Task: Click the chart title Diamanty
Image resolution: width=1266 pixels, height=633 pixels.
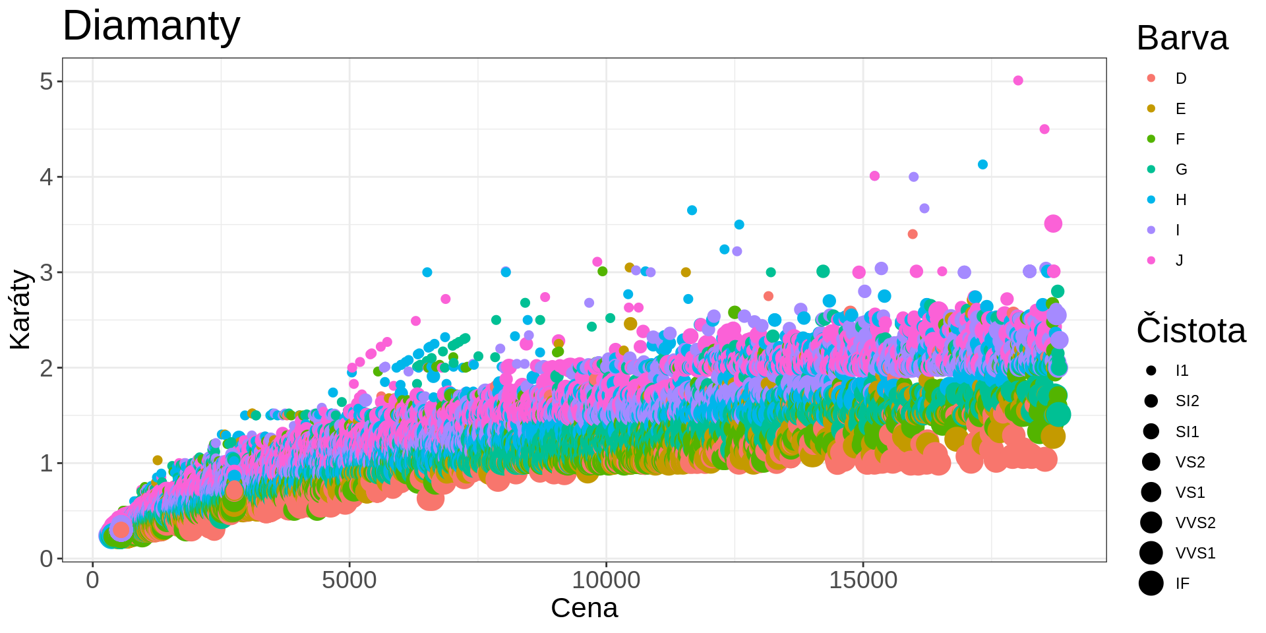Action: tap(151, 26)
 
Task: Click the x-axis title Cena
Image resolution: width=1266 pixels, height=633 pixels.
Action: tap(584, 608)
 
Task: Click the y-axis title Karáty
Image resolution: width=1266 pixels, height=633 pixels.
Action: tap(20, 309)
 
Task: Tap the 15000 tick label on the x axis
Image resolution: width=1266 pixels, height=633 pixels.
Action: tap(862, 580)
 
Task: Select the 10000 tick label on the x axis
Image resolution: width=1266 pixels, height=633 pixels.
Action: tap(605, 580)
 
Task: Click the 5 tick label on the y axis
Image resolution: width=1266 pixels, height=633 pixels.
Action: tap(46, 82)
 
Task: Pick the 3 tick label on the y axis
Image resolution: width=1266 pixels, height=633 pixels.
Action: tap(46, 272)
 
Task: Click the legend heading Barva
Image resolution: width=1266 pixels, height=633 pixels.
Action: tap(1182, 38)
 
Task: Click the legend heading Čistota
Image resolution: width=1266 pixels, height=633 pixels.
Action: tap(1191, 330)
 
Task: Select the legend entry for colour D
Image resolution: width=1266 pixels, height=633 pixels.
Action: tap(1180, 78)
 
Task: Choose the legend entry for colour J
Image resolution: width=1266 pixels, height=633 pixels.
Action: tap(1179, 260)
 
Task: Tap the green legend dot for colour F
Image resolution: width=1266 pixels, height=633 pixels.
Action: tap(1151, 139)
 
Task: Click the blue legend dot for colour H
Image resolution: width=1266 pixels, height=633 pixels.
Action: tap(1151, 200)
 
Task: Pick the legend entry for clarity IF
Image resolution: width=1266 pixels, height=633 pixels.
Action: tap(1182, 584)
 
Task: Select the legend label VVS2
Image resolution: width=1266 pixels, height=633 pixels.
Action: tap(1195, 523)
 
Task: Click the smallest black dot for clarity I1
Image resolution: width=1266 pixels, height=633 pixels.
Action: tap(1151, 371)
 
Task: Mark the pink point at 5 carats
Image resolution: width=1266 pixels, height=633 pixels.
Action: tap(1018, 80)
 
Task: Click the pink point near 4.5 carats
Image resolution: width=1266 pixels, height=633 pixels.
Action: tap(1044, 129)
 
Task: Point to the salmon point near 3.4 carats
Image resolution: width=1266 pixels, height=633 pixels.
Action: tap(913, 234)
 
